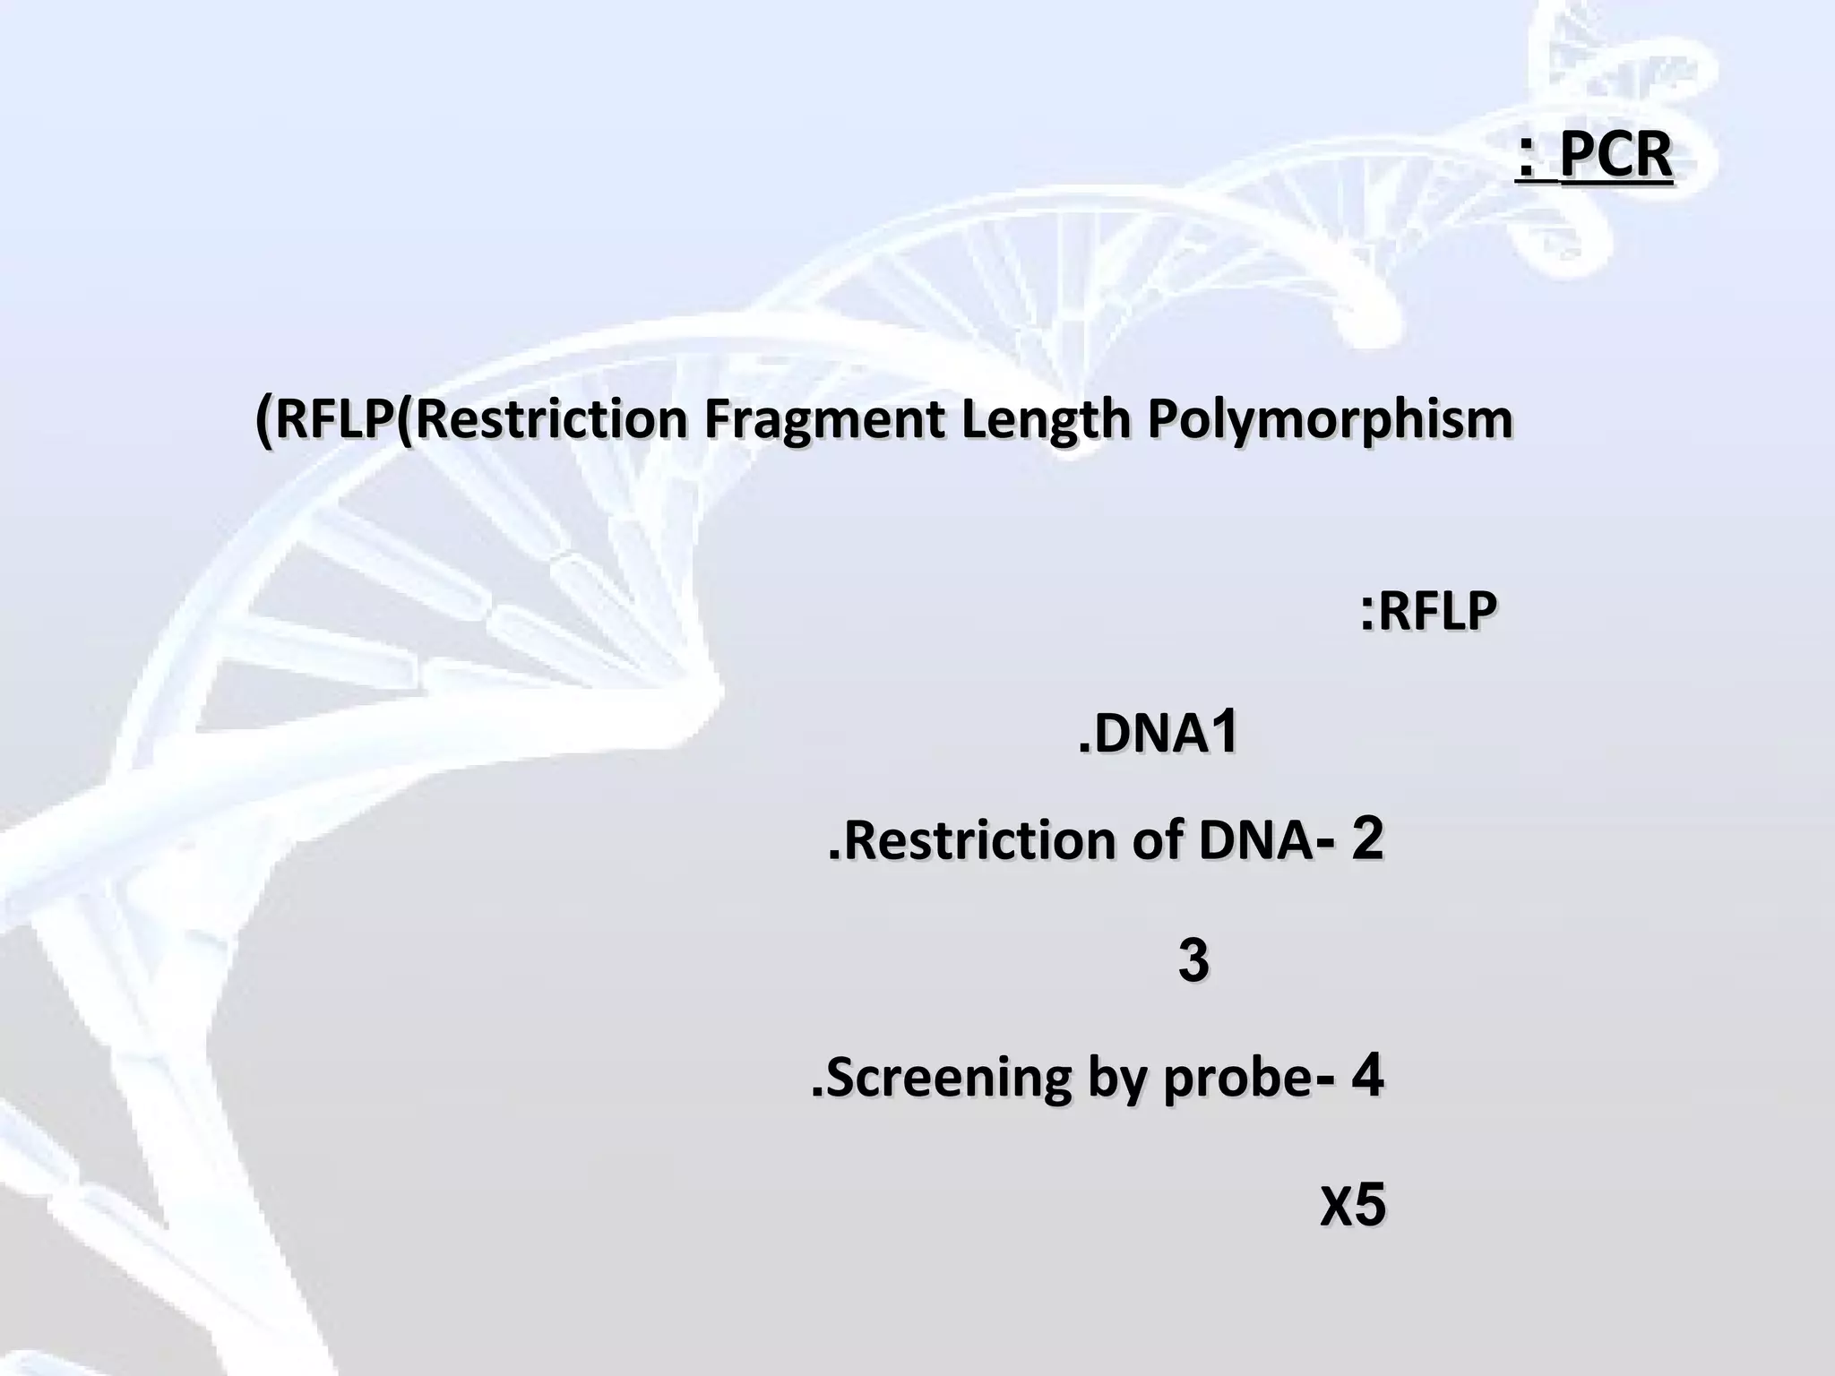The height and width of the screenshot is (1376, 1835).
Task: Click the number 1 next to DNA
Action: (1223, 731)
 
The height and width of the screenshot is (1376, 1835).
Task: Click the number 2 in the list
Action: (1367, 839)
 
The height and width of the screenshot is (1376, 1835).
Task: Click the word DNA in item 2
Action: (1254, 841)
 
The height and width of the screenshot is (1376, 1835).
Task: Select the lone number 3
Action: (1193, 961)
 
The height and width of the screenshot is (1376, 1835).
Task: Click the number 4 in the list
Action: (1368, 1076)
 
